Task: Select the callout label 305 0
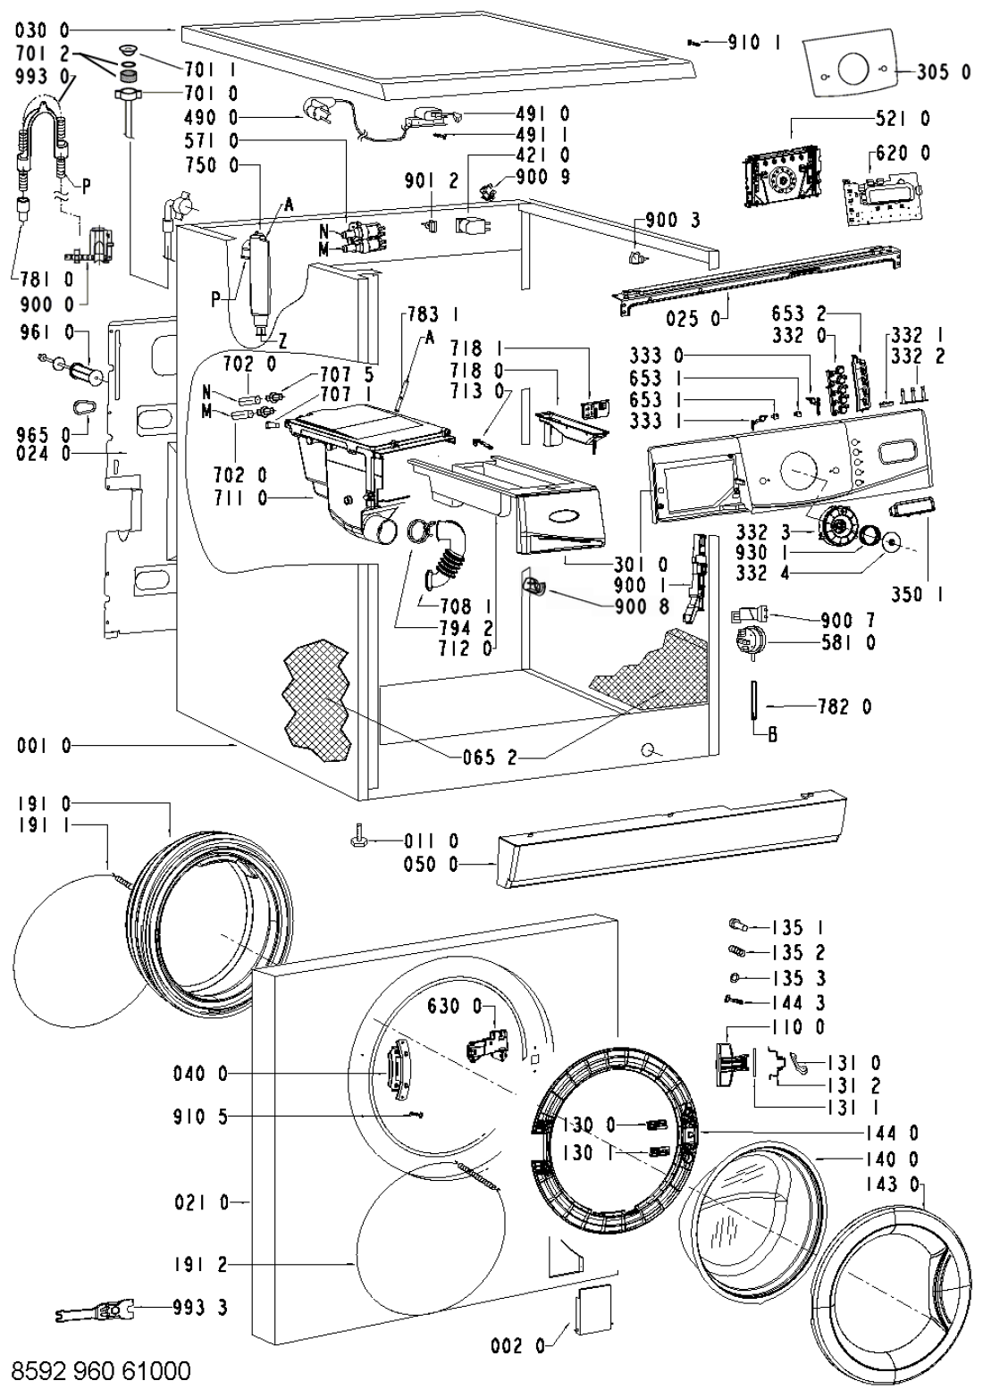(944, 72)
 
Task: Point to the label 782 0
(844, 707)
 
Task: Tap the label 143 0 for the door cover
(893, 1184)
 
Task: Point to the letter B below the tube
(773, 735)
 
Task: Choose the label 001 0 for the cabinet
(44, 745)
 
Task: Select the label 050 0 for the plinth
(431, 864)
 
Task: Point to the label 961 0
(46, 333)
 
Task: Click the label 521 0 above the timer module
(903, 119)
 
